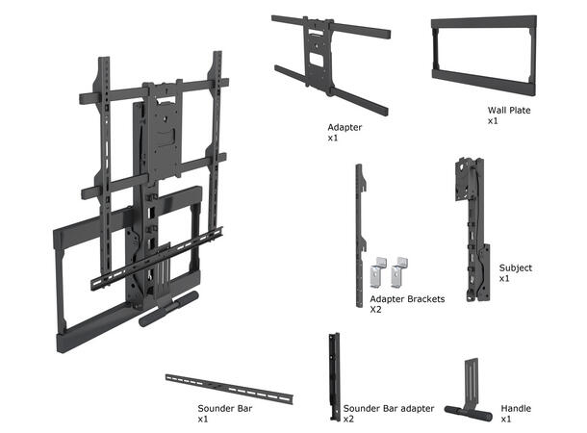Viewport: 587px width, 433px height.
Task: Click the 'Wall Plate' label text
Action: click(508, 111)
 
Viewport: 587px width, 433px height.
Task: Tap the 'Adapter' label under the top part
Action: click(344, 127)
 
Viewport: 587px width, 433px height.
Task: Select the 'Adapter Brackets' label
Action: click(407, 299)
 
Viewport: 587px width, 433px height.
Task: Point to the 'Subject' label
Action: click(516, 267)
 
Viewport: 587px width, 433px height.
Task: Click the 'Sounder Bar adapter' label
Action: click(388, 409)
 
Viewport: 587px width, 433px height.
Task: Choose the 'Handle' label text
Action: click(516, 409)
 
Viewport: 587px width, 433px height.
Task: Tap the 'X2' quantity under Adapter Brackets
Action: click(376, 310)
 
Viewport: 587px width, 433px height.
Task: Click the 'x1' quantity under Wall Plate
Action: click(493, 121)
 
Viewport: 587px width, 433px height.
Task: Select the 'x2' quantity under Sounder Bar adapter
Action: click(348, 420)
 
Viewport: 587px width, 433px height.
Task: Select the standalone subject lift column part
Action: click(470, 231)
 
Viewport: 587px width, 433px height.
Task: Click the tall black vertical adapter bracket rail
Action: click(361, 221)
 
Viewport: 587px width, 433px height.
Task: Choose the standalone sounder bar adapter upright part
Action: click(334, 375)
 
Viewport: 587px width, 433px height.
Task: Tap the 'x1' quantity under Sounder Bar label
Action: click(203, 420)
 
